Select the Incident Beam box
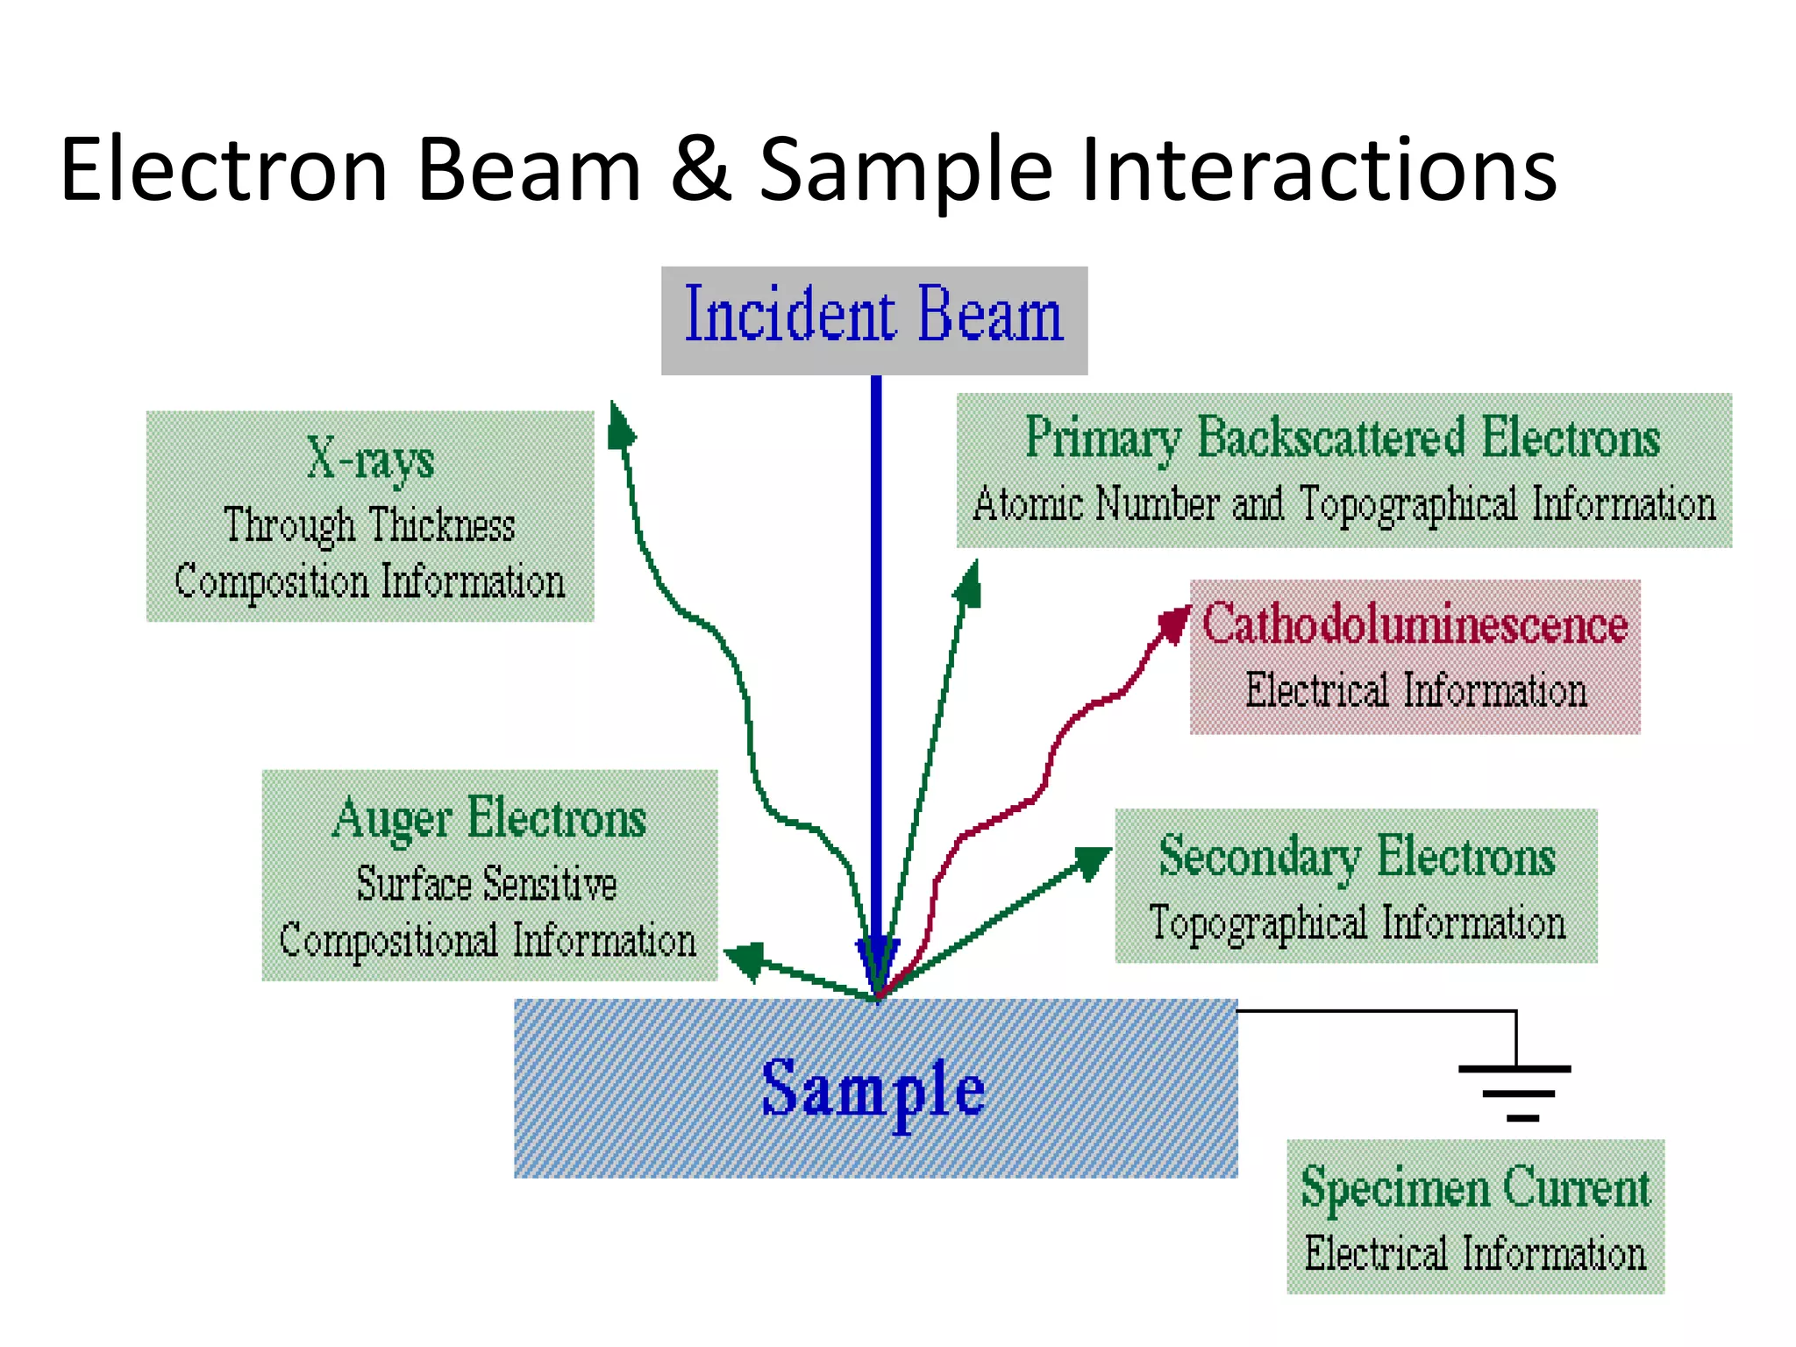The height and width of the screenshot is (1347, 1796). click(x=873, y=320)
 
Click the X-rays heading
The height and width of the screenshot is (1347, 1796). click(x=369, y=459)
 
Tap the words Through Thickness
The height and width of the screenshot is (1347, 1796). click(x=369, y=525)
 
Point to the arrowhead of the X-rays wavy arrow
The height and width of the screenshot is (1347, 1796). click(x=620, y=427)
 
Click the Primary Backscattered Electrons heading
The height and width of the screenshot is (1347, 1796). click(x=1343, y=437)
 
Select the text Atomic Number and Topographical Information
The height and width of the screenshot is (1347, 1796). click(x=1343, y=504)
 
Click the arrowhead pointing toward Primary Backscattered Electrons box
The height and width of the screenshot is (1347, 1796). click(x=969, y=585)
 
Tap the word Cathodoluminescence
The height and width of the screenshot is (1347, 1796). click(x=1414, y=624)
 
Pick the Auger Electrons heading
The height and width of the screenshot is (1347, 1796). click(x=489, y=818)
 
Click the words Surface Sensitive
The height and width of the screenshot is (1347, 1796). click(x=487, y=883)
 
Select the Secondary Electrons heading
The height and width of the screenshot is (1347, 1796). click(x=1356, y=857)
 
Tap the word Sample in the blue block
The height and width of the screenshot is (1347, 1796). click(x=873, y=1088)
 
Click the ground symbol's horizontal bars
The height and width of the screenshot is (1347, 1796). click(x=1515, y=1093)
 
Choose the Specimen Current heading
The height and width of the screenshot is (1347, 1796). click(x=1475, y=1187)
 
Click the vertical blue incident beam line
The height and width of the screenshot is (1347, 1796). click(x=876, y=658)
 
